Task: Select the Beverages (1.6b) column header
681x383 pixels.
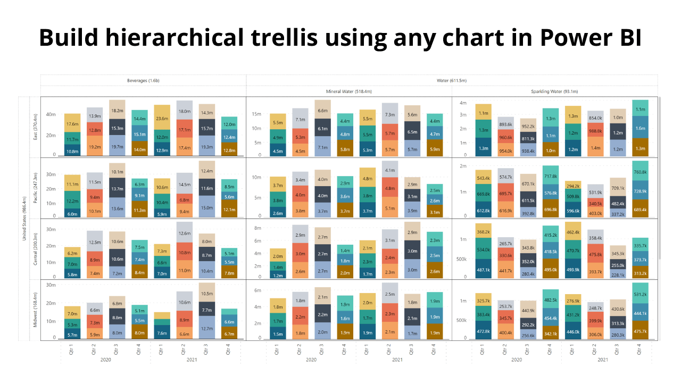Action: click(x=143, y=80)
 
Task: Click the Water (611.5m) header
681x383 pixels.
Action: click(x=452, y=80)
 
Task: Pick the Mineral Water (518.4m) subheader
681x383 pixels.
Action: click(x=348, y=91)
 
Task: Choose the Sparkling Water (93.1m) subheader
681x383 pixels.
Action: click(x=554, y=91)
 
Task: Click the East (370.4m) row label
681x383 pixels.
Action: click(x=36, y=127)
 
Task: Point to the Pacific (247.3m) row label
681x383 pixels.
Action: click(x=36, y=187)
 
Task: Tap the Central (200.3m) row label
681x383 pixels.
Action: click(x=36, y=248)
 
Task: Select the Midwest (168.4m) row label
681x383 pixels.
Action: click(x=36, y=310)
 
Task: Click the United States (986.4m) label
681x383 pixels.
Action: click(x=24, y=218)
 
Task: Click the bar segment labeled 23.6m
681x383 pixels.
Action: click(x=162, y=119)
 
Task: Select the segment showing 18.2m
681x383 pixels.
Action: click(x=117, y=110)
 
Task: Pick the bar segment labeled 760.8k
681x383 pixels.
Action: click(x=641, y=172)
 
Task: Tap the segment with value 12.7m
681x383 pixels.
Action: click(x=207, y=328)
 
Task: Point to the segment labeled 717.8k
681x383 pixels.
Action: click(x=551, y=176)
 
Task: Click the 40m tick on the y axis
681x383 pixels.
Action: click(x=51, y=114)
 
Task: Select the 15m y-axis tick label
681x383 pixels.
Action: click(x=255, y=114)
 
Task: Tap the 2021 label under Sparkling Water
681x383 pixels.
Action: click(x=603, y=360)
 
